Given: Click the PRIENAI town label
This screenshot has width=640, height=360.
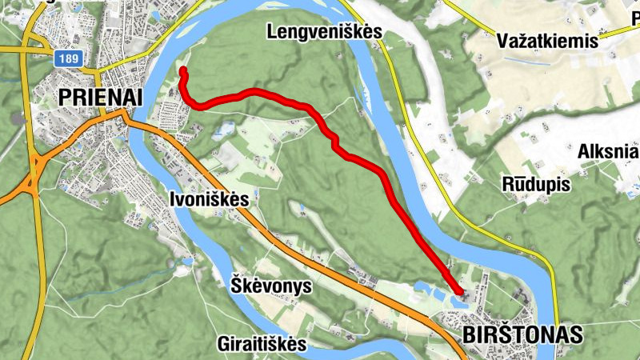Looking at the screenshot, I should (100, 98).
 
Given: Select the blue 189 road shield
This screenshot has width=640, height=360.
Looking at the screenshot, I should (67, 59).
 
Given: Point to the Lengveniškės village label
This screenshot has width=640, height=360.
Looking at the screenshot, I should (326, 32).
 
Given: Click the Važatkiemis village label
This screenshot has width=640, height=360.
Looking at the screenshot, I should (547, 41).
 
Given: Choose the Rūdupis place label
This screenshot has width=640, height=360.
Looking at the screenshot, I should (536, 184).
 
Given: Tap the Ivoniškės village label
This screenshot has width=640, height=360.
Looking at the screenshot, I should (210, 199).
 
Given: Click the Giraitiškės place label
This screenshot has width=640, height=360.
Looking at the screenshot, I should (262, 344).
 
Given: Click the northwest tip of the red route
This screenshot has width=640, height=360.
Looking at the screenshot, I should (182, 71).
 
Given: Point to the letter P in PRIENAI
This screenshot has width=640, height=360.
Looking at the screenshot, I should (65, 98).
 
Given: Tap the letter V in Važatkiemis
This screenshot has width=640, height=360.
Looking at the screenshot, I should (502, 41).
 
